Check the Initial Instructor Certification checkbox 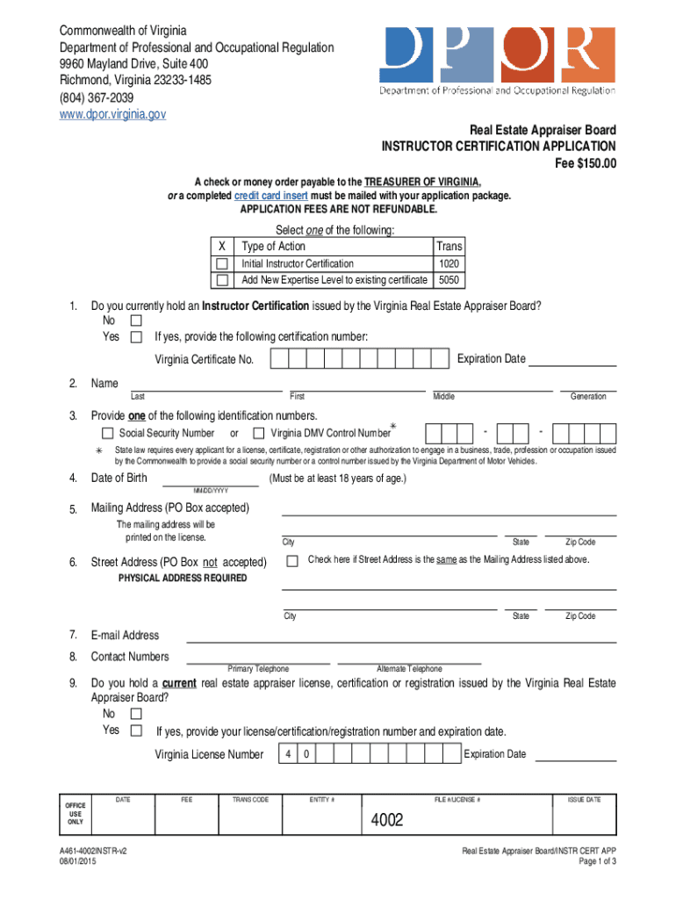(x=222, y=264)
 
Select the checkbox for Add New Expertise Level (x=222, y=281)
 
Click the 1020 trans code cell (x=449, y=264)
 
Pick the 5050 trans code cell (x=449, y=281)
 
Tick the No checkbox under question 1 (x=136, y=321)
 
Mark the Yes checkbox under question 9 (x=136, y=730)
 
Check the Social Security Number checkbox (x=108, y=433)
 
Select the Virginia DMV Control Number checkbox (x=259, y=433)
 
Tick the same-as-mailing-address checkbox (x=292, y=560)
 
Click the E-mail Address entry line (x=399, y=637)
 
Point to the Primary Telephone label (x=258, y=669)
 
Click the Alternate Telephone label (x=409, y=669)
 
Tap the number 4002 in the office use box (x=387, y=821)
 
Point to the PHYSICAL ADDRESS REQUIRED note (x=183, y=579)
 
